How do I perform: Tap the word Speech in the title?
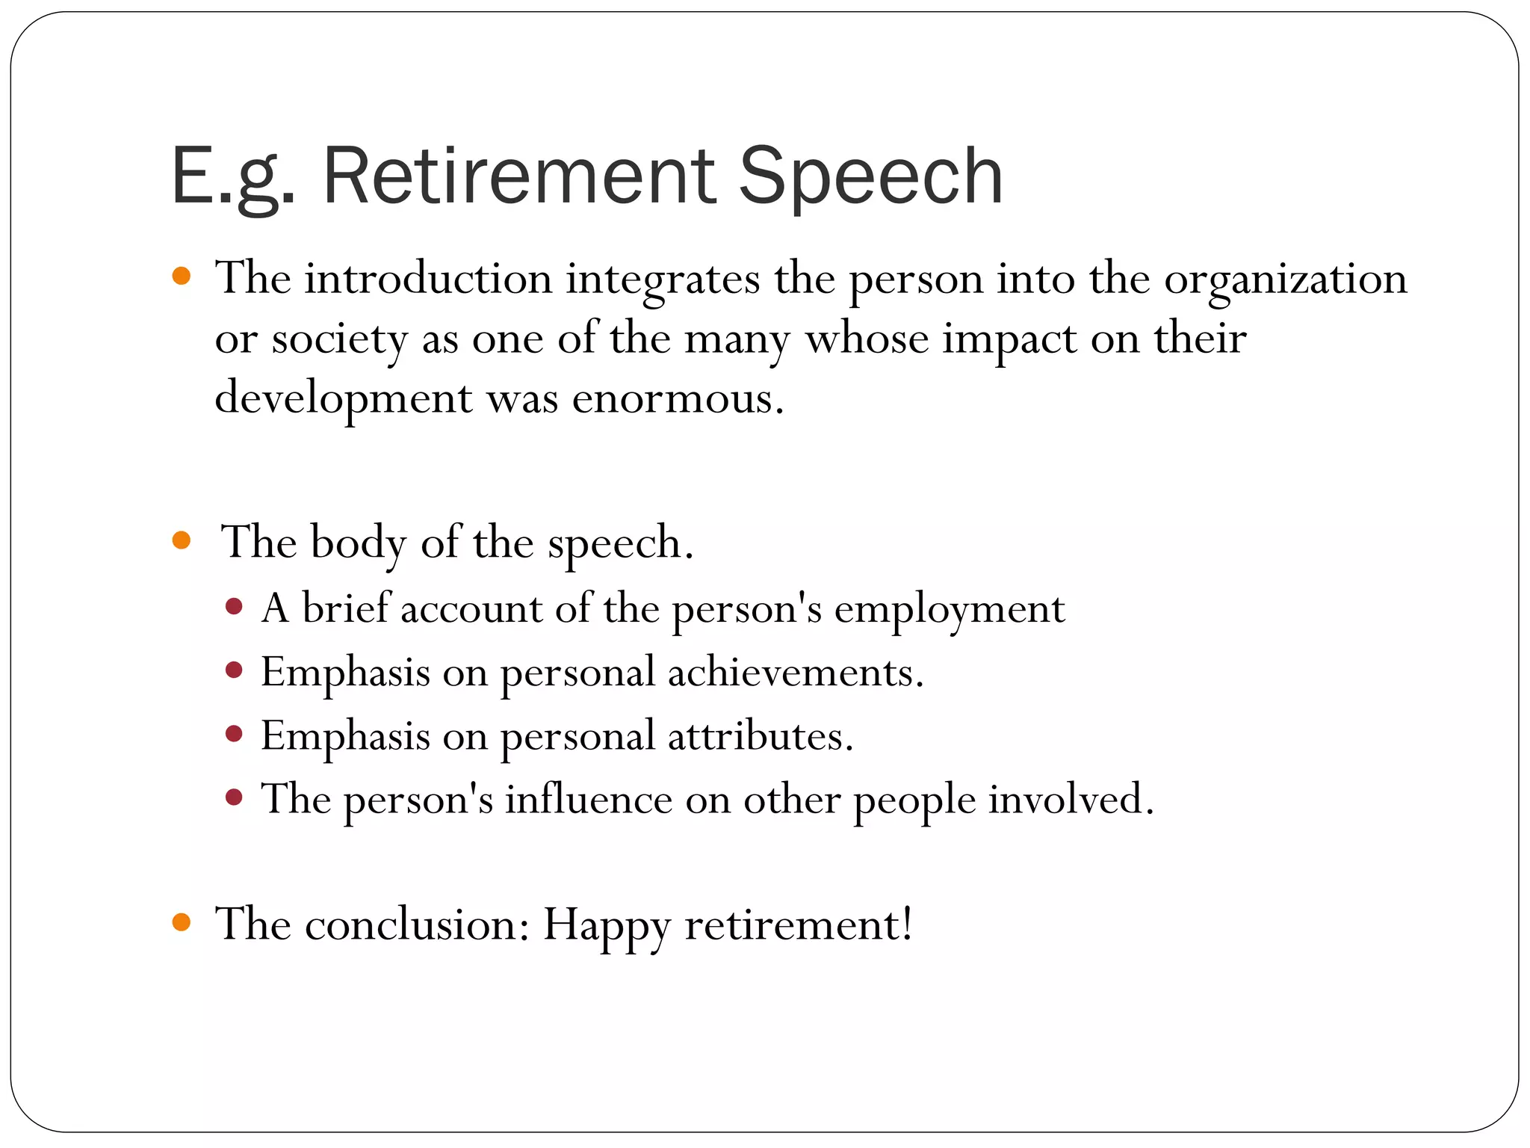click(x=870, y=176)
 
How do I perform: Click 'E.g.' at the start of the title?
click(x=233, y=176)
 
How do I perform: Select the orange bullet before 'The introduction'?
click(x=182, y=277)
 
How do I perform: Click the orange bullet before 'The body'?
click(x=182, y=540)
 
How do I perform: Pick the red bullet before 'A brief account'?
click(x=234, y=605)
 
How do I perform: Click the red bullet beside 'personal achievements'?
click(x=234, y=670)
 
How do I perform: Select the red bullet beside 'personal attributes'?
click(x=234, y=734)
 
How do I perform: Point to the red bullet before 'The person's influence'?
click(x=234, y=797)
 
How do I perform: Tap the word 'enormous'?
click(x=677, y=398)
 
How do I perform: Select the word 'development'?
click(x=343, y=398)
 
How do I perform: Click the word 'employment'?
click(x=949, y=610)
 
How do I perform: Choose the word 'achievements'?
click(x=794, y=673)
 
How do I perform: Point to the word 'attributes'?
click(x=759, y=736)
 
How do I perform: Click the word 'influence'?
click(x=589, y=800)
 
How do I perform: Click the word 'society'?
click(x=339, y=340)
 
